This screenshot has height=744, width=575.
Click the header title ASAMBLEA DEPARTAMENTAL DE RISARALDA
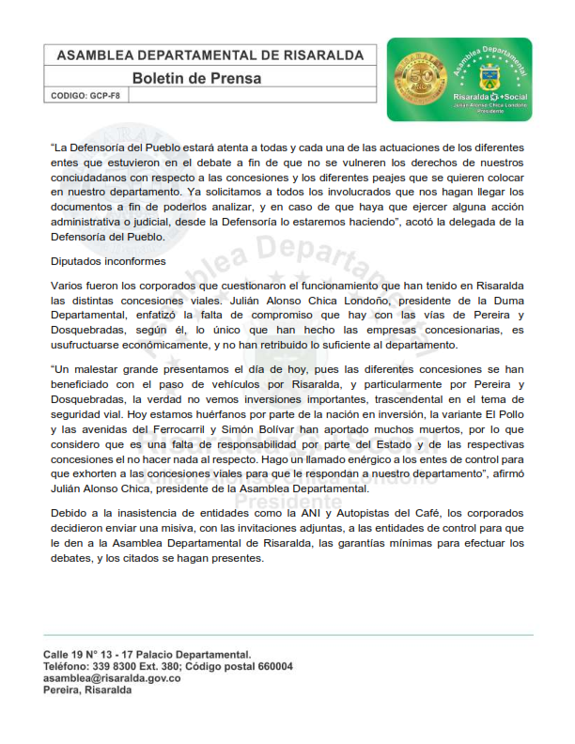(x=210, y=55)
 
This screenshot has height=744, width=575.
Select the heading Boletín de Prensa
(x=196, y=78)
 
